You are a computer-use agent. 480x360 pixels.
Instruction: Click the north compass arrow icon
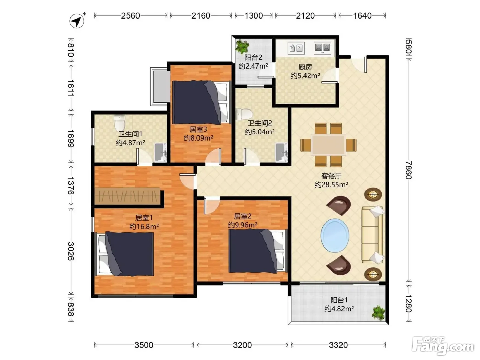[x=77, y=21]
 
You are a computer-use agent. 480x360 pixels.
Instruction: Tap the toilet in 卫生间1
[x=120, y=123]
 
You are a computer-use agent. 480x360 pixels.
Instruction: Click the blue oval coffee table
[x=335, y=236]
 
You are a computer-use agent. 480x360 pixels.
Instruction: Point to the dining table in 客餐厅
[x=328, y=145]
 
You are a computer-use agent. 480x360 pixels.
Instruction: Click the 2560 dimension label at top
[x=130, y=16]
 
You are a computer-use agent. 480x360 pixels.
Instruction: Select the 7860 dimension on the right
[x=408, y=170]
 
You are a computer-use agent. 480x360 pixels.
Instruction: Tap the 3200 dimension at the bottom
[x=242, y=345]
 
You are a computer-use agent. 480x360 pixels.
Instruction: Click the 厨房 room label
[x=305, y=67]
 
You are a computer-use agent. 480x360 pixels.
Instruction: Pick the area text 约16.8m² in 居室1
[x=144, y=226]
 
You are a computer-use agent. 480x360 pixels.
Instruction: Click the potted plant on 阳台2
[x=242, y=46]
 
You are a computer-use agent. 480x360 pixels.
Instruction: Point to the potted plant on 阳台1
[x=379, y=313]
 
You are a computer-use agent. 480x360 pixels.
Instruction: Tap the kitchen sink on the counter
[x=296, y=48]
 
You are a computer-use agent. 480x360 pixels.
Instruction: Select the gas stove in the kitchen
[x=322, y=48]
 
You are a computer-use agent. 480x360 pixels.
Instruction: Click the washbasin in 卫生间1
[x=161, y=152]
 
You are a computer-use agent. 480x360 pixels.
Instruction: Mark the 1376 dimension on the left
[x=70, y=185]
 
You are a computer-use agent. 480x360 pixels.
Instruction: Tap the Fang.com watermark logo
[x=443, y=346]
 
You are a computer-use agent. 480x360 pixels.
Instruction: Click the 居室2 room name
[x=242, y=216]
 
